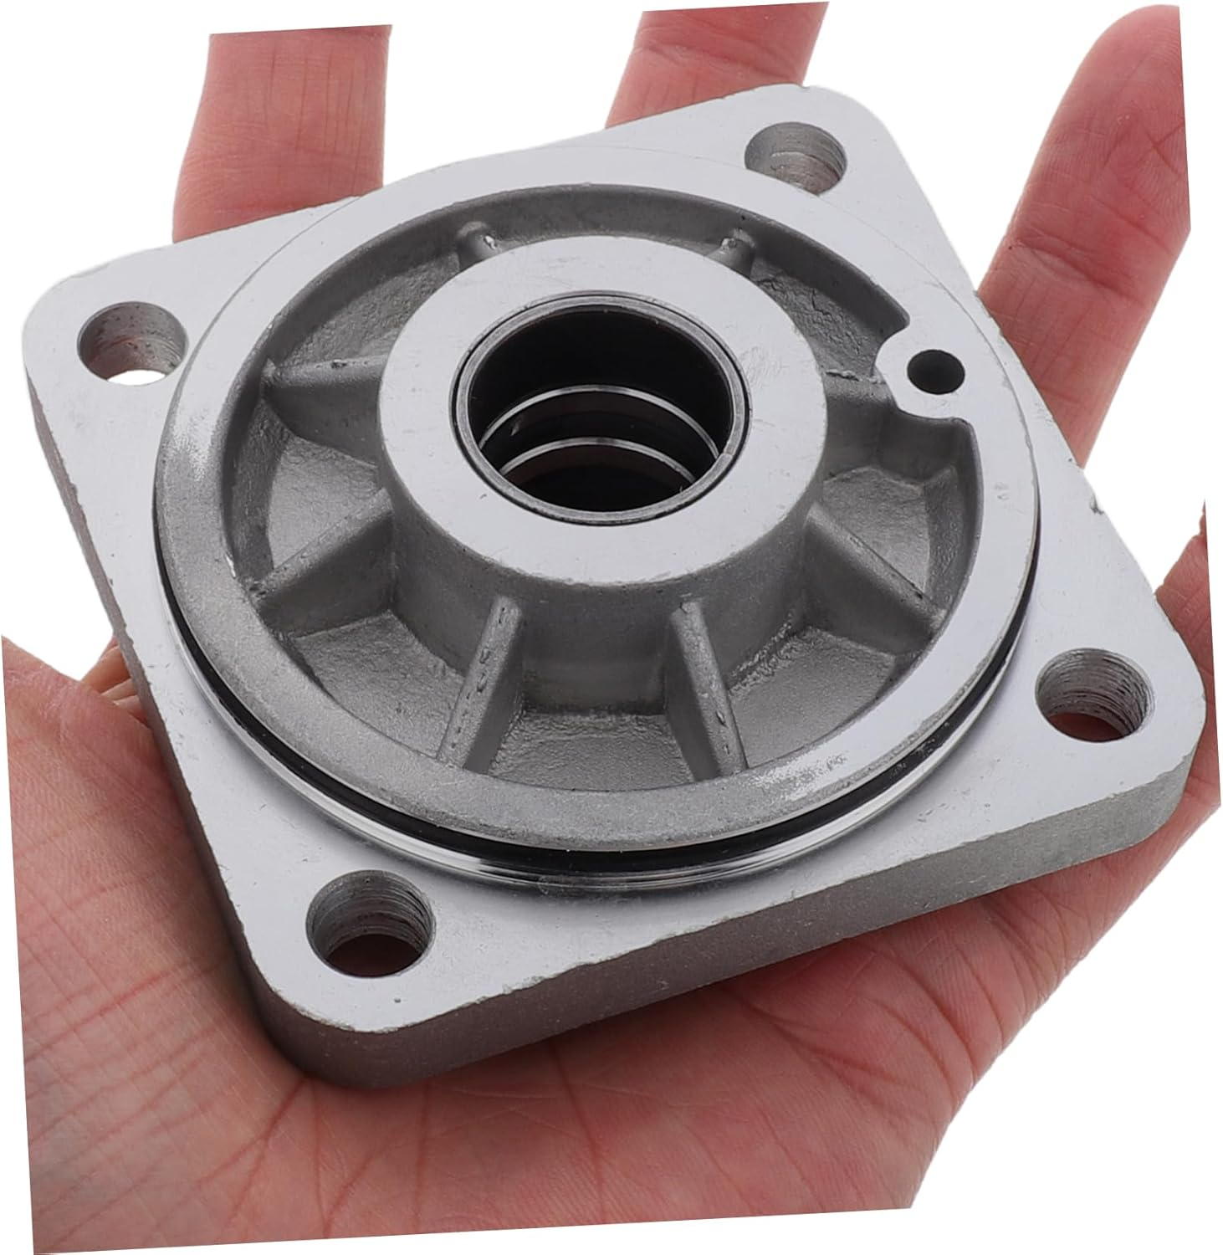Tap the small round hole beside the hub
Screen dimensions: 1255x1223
coord(934,366)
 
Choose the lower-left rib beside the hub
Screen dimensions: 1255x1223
coord(335,535)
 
